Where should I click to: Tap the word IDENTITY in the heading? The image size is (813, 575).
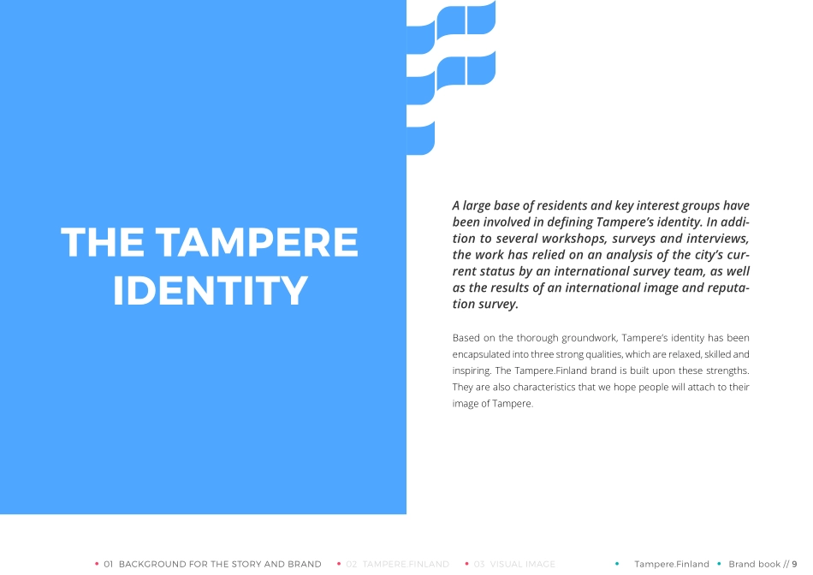211,291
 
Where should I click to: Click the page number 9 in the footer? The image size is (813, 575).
794,564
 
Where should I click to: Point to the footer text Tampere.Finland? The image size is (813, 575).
671,564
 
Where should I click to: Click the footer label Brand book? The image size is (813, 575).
754,564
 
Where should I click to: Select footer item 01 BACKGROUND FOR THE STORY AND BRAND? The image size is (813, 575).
212,564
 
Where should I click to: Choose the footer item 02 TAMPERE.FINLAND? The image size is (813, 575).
397,564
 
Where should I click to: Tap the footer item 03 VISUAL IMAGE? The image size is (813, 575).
514,564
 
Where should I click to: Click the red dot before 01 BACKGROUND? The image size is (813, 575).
97,564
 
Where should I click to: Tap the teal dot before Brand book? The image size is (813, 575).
719,564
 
